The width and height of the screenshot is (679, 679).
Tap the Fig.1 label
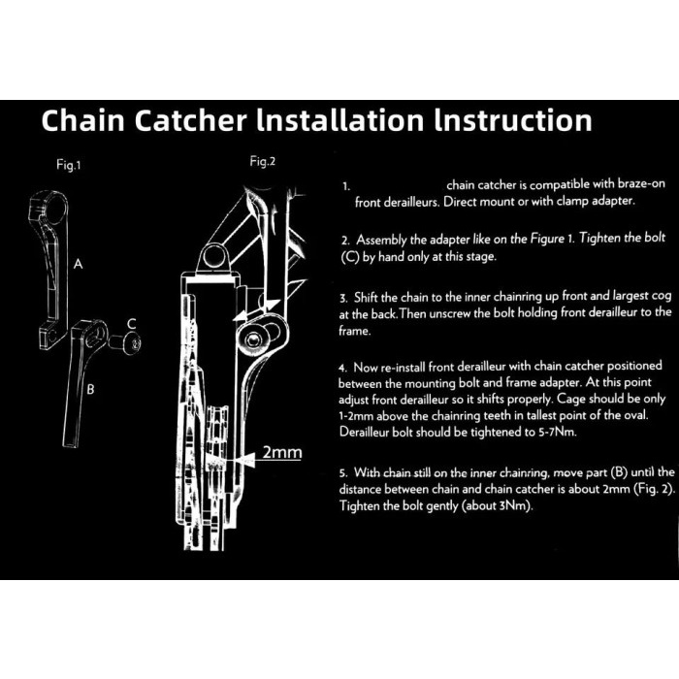[x=69, y=165]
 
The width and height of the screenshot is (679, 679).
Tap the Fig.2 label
[x=263, y=162]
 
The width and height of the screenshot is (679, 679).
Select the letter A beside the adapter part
[x=78, y=263]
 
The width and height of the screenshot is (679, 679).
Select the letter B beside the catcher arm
[x=90, y=389]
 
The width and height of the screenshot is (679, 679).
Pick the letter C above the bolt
[x=132, y=323]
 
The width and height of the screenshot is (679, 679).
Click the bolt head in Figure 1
[x=133, y=343]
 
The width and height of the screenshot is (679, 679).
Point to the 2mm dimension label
[x=282, y=452]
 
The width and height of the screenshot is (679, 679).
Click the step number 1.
[x=346, y=186]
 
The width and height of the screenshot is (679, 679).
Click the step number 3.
[x=343, y=299]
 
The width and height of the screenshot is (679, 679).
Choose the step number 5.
[x=343, y=472]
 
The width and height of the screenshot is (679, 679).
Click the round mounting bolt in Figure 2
[x=253, y=339]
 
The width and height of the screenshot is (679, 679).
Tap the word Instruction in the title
[x=513, y=120]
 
